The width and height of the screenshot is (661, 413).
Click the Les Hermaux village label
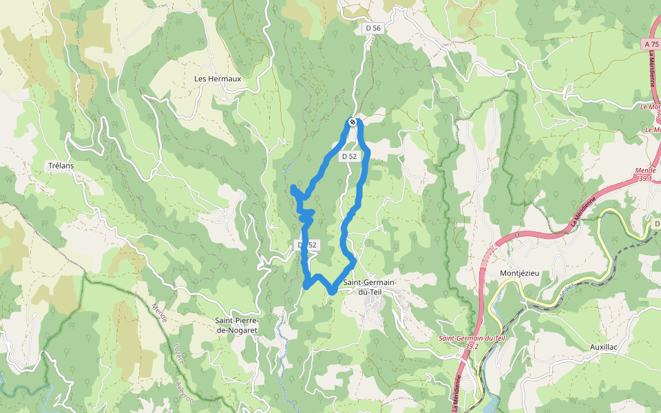coord(218,78)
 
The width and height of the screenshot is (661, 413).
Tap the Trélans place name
coord(61,166)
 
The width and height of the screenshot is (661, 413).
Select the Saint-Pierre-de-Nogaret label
coord(237,326)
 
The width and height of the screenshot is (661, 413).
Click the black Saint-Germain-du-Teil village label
coord(370,287)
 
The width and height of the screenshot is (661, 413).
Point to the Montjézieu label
coord(520,273)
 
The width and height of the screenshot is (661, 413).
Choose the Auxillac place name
coord(604,347)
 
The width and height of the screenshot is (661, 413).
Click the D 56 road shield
coord(373,28)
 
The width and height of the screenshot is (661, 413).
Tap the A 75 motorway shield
coord(651,43)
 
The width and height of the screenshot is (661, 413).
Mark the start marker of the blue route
coord(353,123)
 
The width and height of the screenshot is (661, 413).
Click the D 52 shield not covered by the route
coord(349,156)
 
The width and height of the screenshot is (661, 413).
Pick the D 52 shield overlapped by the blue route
coord(307,245)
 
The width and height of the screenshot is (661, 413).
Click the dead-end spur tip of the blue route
coord(294,188)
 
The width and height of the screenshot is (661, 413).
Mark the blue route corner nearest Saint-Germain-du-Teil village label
coord(333,290)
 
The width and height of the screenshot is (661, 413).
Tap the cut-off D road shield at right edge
coord(656,224)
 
